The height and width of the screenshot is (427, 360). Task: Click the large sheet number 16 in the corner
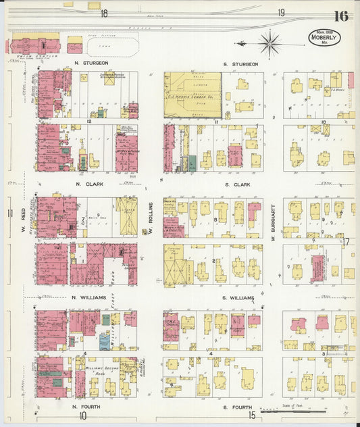coord(340,16)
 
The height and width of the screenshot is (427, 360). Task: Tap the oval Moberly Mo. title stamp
coord(324,37)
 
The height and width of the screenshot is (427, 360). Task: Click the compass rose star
coord(270,44)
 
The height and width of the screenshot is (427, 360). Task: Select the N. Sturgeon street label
coord(88,64)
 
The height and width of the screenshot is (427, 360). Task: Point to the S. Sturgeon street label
coord(240,64)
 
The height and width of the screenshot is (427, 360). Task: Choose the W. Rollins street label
coord(152,218)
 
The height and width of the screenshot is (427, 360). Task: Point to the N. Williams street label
coord(88,297)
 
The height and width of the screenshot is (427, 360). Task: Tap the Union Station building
coord(34,45)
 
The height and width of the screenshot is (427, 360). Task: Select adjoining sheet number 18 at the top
coord(104,13)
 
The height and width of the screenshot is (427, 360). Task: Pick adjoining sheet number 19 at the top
coord(280,12)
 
